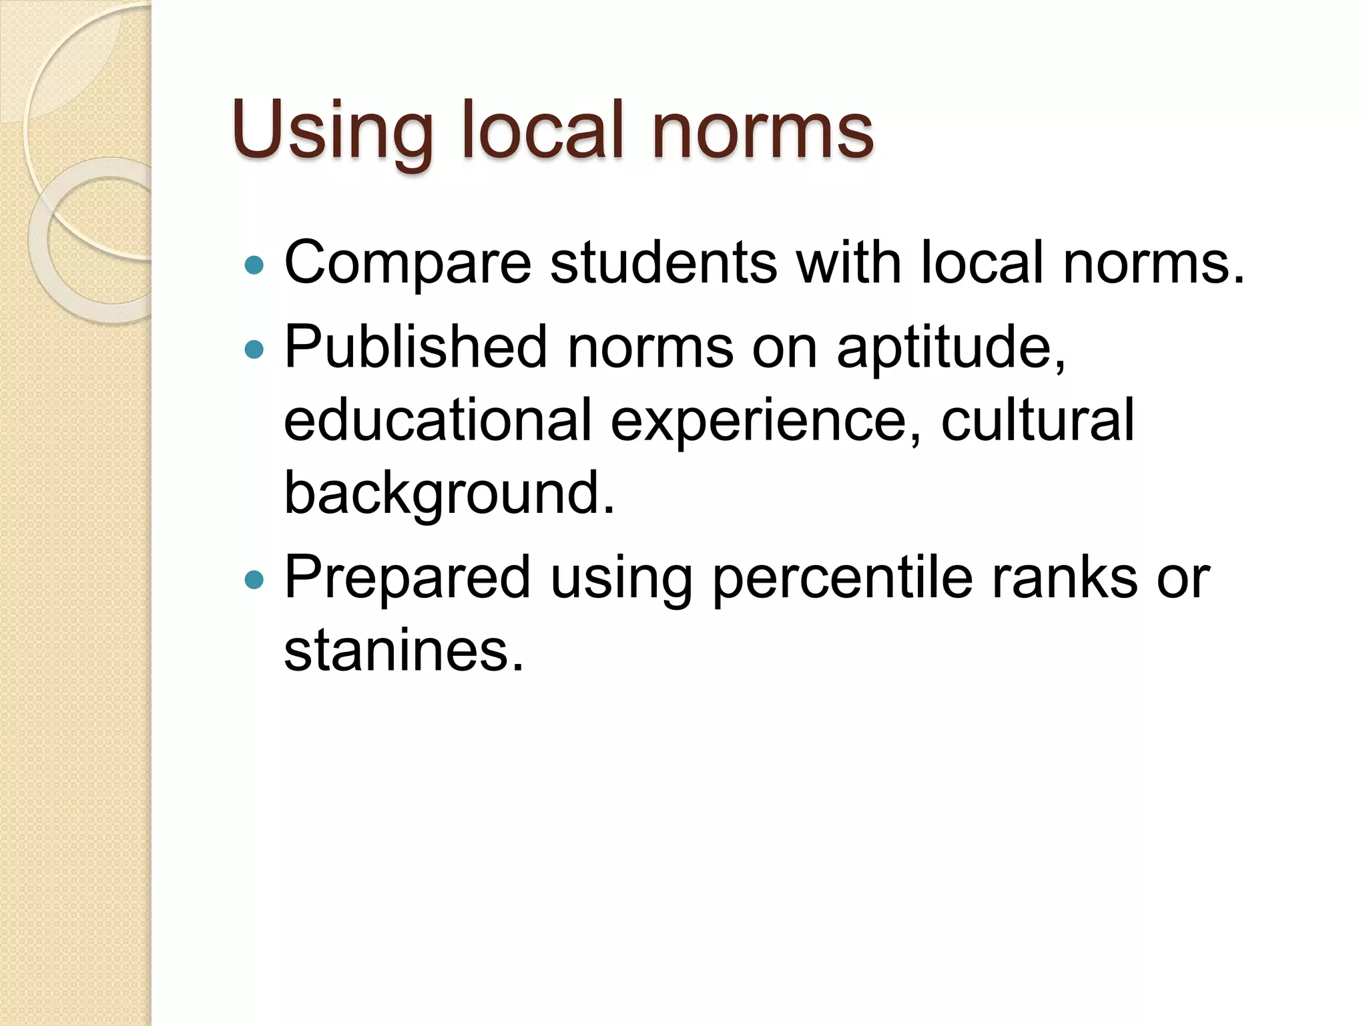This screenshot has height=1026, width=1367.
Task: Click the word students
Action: click(663, 263)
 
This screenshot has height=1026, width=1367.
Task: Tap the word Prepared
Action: click(407, 578)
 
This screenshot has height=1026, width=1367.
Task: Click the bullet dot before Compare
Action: click(254, 266)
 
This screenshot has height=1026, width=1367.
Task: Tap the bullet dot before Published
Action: click(254, 349)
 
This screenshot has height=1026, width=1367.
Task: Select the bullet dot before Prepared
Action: click(254, 579)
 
